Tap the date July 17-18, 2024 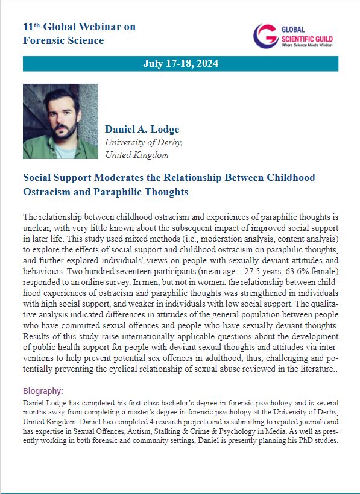(180, 63)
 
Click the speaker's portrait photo (60, 121)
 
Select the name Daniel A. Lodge (142, 130)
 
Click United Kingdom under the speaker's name (137, 155)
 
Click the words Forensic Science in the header (63, 40)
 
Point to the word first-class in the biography (142, 402)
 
